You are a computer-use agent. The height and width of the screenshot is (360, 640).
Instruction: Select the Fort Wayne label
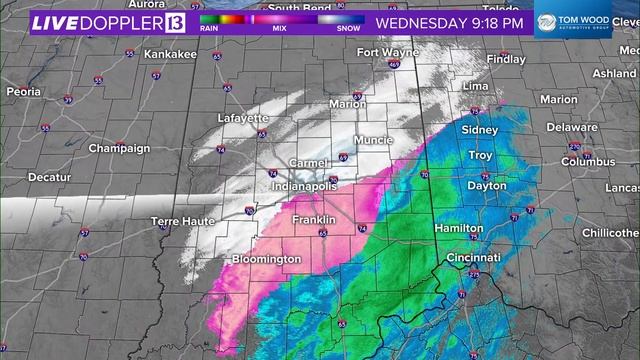tap(382, 52)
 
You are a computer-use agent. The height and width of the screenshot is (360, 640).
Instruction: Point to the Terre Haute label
tap(177, 221)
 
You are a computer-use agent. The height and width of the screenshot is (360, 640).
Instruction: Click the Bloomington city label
tap(266, 260)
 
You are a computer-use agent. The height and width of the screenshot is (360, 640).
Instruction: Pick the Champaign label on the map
tap(119, 148)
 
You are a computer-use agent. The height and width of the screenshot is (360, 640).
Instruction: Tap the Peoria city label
tap(23, 91)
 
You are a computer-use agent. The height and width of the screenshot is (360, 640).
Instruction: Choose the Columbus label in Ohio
tap(587, 161)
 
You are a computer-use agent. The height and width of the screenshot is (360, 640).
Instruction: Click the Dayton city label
tap(486, 186)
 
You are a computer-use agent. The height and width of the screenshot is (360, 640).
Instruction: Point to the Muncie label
tap(374, 140)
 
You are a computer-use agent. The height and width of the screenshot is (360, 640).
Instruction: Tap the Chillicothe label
tap(610, 232)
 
